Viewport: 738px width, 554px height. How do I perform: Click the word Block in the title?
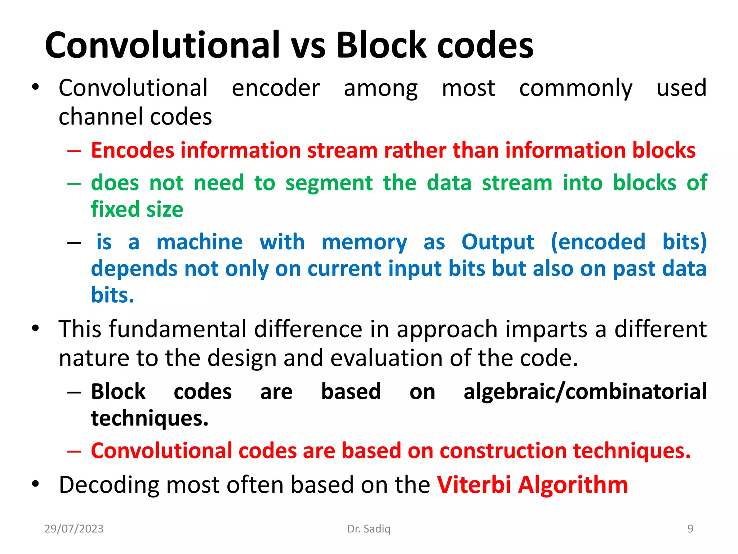(x=381, y=45)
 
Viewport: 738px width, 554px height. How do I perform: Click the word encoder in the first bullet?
(x=276, y=88)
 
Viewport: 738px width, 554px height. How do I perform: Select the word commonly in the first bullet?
(x=575, y=89)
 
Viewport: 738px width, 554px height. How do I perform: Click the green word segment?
(x=329, y=183)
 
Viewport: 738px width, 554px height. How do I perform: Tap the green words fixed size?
(x=137, y=210)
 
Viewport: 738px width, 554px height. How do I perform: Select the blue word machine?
(x=200, y=242)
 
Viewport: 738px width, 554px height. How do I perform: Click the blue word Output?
(x=498, y=242)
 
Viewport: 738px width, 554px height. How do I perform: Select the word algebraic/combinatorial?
(x=585, y=392)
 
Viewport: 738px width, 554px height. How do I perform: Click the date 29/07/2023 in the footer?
(x=74, y=529)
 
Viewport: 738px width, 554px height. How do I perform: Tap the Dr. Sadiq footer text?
(x=369, y=529)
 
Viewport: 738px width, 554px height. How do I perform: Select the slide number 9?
(x=690, y=529)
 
